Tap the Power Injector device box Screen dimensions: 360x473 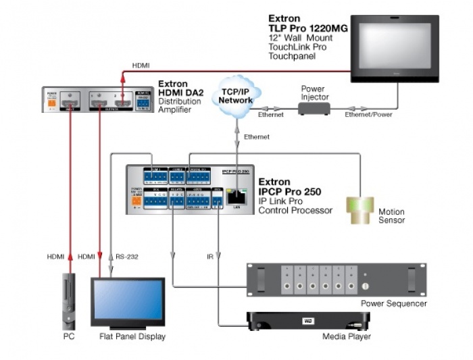coord(314,108)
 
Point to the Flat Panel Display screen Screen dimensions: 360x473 coord(128,302)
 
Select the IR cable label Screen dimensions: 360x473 coord(210,257)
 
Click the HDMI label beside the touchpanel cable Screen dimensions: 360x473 coord(141,66)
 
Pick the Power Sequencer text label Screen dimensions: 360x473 coord(394,304)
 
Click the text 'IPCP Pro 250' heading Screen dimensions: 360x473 coord(287,192)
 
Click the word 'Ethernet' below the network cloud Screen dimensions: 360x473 coord(257,137)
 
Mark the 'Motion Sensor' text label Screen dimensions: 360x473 coord(392,216)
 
